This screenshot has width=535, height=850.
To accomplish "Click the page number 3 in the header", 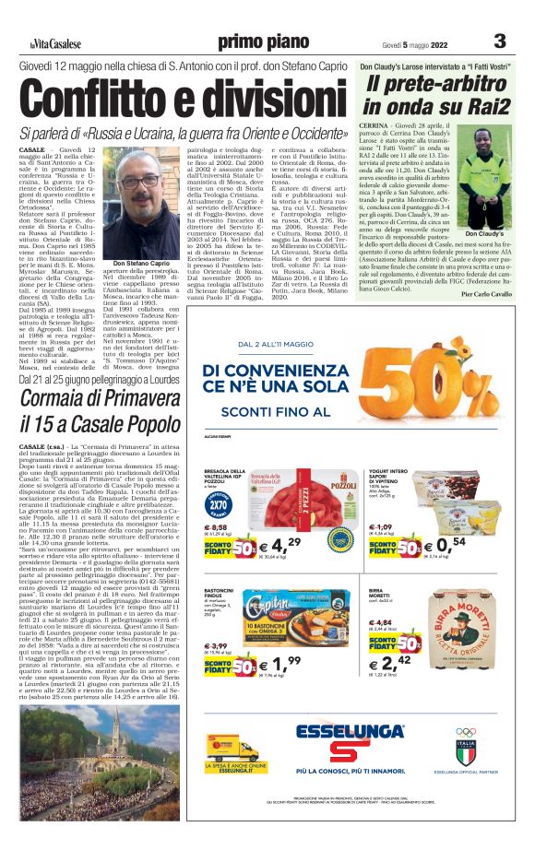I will click(500, 41).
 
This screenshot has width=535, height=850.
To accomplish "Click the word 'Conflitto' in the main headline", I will click(101, 98).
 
